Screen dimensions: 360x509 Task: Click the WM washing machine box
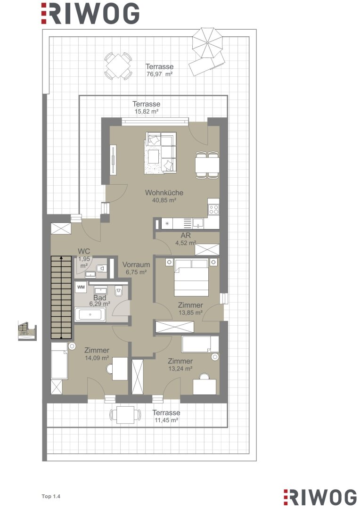point(81,287)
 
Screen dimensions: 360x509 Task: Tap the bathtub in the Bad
point(90,314)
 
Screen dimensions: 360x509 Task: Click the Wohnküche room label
point(164,192)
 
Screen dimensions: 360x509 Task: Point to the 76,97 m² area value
point(160,74)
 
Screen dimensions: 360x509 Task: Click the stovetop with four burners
point(213,209)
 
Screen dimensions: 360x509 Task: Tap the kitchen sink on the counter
point(198,222)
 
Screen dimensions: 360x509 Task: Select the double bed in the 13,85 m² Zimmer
point(191,277)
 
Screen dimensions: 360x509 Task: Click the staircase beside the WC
point(61,297)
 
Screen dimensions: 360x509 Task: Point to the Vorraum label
point(136,264)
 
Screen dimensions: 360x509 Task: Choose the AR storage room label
point(186,235)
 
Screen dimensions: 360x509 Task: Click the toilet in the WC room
point(101,268)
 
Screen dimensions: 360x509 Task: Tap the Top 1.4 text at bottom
point(51,496)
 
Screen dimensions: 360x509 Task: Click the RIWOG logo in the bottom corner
point(320,497)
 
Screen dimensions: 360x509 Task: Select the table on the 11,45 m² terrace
point(125,415)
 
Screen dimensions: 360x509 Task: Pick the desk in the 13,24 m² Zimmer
point(205,387)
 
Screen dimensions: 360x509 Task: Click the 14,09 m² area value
point(97,358)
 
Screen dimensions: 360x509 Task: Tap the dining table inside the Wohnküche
point(207,164)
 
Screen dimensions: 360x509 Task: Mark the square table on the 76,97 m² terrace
point(118,66)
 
